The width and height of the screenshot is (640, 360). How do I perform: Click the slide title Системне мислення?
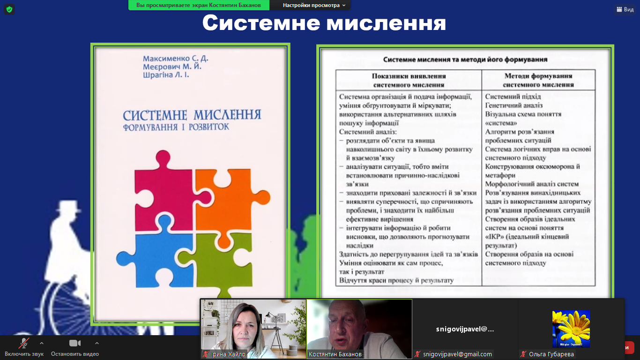pyautogui.click(x=324, y=23)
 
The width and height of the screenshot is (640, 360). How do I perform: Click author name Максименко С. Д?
pyautogui.click(x=175, y=59)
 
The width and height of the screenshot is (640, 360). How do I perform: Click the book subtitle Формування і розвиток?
pyautogui.click(x=176, y=127)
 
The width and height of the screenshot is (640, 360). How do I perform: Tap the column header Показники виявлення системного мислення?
pyautogui.click(x=409, y=80)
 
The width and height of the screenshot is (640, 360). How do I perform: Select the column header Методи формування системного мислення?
pyautogui.click(x=538, y=80)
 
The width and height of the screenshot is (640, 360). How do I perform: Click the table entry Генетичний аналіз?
pyautogui.click(x=513, y=105)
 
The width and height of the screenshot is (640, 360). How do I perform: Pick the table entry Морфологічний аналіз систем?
pyautogui.click(x=532, y=184)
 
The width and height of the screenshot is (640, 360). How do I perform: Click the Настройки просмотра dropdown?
pyautogui.click(x=314, y=5)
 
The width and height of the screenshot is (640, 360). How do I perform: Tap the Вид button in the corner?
pyautogui.click(x=625, y=9)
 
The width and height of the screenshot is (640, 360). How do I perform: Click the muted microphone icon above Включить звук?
pyautogui.click(x=24, y=343)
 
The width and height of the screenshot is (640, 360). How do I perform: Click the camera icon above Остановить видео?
pyautogui.click(x=75, y=343)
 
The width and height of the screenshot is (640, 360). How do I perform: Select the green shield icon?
pyautogui.click(x=9, y=9)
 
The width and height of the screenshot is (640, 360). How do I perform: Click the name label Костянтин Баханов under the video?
pyautogui.click(x=335, y=354)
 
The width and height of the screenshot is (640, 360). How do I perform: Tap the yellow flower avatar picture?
pyautogui.click(x=571, y=329)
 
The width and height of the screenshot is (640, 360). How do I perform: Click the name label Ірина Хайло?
pyautogui.click(x=228, y=354)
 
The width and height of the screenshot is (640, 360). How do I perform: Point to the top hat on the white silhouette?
pyautogui.click(x=68, y=206)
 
